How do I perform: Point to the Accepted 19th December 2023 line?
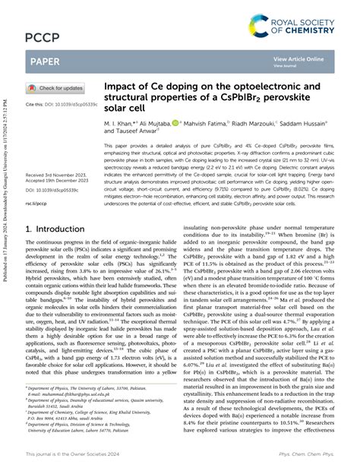[x=59, y=160]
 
